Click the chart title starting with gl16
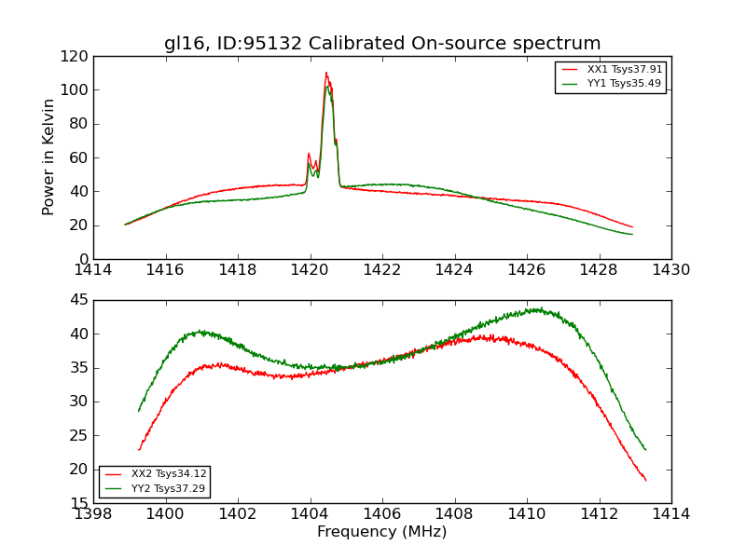pos(382,44)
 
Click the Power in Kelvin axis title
pos(48,157)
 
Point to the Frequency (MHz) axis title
pos(382,532)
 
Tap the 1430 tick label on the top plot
pos(670,269)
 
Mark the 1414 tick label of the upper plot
pos(94,269)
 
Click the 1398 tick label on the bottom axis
pos(94,513)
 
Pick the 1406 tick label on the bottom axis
pos(382,513)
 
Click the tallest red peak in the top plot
pos(326,73)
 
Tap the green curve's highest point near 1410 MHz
pos(536,308)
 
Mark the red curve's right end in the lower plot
pos(645,481)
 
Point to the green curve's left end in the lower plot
pos(139,411)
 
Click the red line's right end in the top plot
pos(632,227)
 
